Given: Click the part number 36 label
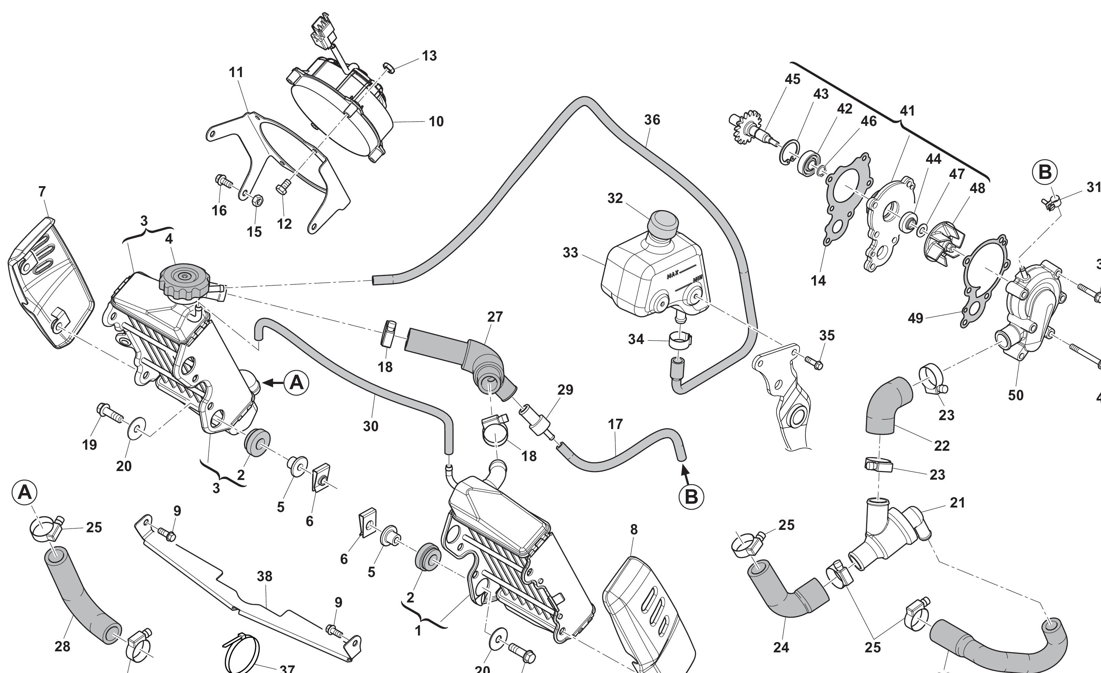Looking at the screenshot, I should point(652,120).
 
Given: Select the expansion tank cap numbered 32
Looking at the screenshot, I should point(663,224).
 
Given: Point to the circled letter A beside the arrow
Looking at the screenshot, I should point(297,383).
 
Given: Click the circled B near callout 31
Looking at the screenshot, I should point(1045,172).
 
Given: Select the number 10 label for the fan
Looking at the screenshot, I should point(436,122).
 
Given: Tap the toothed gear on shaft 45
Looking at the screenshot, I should point(747,127).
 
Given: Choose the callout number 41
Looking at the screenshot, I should point(907,111).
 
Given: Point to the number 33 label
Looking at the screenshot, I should point(570,253).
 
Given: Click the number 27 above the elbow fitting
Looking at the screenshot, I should point(495,317).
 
